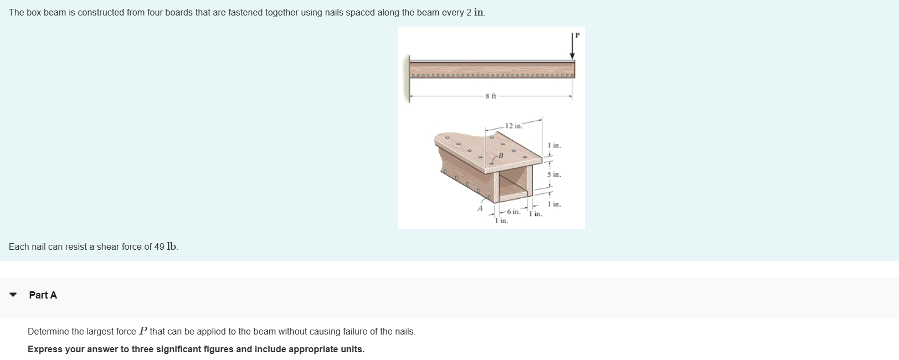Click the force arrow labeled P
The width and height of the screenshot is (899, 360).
point(572,47)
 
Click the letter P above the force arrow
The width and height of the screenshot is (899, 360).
point(577,35)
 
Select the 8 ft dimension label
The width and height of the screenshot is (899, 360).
point(490,96)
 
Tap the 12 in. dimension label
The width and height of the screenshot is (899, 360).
point(513,126)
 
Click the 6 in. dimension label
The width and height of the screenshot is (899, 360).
point(513,212)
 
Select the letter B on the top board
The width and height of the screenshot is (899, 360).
point(500,156)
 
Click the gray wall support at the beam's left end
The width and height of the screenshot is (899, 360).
point(410,78)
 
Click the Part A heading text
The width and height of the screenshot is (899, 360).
point(43,295)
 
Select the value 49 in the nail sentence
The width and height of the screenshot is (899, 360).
point(159,247)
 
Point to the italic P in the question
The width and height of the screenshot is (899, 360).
point(143,331)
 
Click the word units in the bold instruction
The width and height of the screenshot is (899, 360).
point(351,349)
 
